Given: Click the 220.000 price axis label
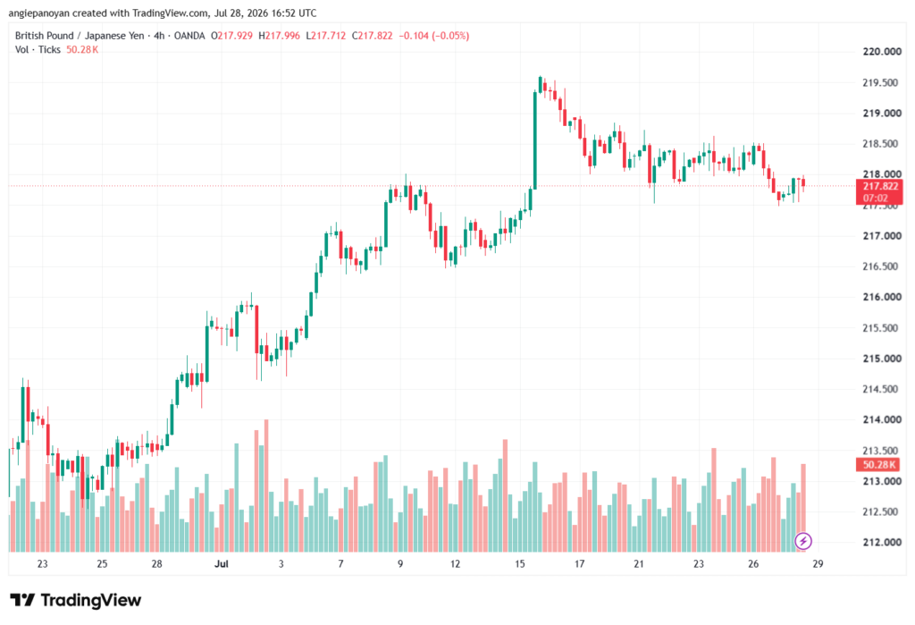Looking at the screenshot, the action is (882, 51).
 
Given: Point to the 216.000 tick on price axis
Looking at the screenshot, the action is (882, 297).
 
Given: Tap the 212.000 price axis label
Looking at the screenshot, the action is (882, 542).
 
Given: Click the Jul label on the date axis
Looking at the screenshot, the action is (222, 563).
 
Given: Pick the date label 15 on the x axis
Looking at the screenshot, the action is (519, 563).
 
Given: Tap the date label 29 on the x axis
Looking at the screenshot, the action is (818, 563).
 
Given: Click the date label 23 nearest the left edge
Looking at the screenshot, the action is (42, 563).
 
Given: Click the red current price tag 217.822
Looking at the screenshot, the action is (879, 192).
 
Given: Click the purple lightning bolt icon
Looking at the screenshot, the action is (803, 541).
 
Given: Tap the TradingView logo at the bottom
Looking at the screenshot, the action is (76, 600).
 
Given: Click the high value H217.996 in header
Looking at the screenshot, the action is (279, 36).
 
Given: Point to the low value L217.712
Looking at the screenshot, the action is (325, 36).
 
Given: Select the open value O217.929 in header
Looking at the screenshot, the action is (231, 36).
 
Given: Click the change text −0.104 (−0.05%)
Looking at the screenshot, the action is (433, 36).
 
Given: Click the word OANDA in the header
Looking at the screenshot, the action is (189, 36).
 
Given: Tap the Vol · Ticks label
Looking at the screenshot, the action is (38, 50).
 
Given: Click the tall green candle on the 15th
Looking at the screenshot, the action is (534, 140).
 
